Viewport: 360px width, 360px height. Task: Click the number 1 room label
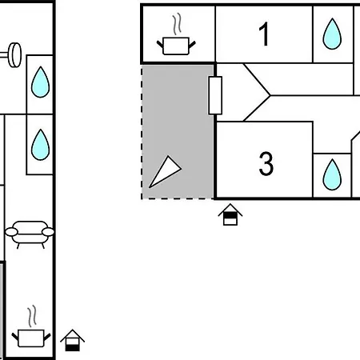[264, 34]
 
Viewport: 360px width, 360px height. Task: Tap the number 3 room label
[266, 163]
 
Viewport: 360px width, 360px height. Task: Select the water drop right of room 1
[332, 34]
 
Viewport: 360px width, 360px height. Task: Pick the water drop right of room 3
[332, 174]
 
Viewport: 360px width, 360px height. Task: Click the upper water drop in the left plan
[40, 82]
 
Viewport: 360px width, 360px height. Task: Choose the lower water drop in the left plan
[40, 145]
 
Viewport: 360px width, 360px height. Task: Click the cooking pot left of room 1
[176, 46]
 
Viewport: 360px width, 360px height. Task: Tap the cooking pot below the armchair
[31, 338]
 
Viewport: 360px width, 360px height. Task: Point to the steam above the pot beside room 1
[177, 25]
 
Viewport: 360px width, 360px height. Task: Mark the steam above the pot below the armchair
[32, 317]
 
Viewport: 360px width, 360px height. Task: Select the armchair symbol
[30, 234]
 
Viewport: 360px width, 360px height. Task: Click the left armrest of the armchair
[11, 232]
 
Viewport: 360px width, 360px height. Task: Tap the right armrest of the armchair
[48, 232]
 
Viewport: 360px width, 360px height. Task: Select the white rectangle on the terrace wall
[215, 95]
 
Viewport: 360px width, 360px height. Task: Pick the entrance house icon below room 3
[230, 214]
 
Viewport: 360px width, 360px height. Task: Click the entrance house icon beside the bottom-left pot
[72, 341]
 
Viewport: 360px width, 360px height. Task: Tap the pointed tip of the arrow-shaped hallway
[270, 95]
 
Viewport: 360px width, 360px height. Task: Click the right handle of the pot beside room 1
[192, 44]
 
